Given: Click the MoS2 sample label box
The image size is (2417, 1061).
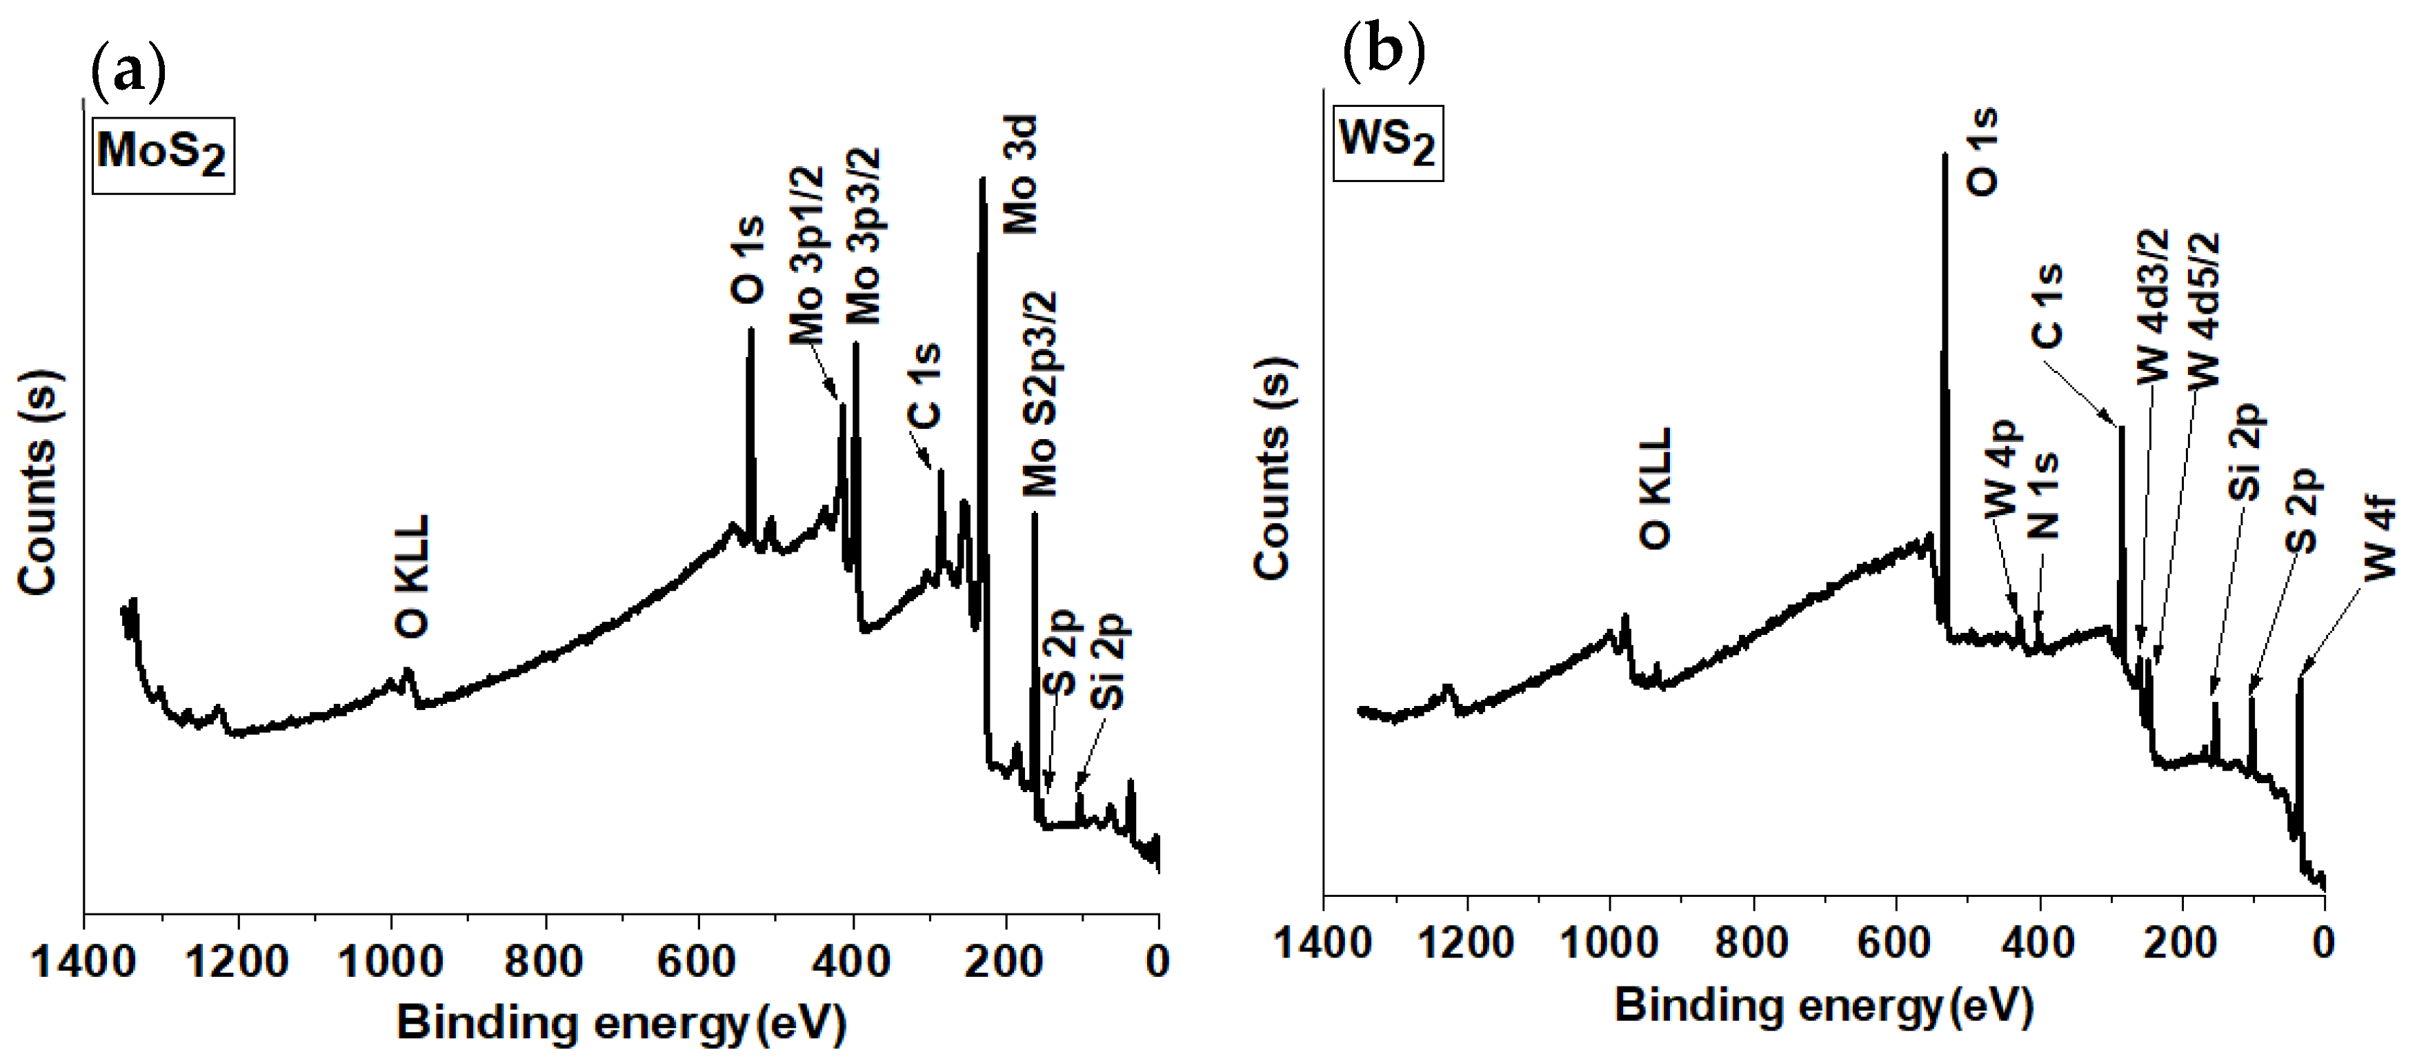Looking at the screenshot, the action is (162, 155).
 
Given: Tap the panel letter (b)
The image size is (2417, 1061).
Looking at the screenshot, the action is (1384, 52).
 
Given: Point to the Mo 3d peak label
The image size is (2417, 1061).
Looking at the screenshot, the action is (1020, 174).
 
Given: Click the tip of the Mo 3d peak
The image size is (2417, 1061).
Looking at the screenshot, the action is (982, 179).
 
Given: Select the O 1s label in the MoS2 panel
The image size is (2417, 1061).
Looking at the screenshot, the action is (747, 260).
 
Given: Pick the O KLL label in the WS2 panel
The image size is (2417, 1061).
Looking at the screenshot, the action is (1656, 488).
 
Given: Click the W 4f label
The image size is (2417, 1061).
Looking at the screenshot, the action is (2380, 539).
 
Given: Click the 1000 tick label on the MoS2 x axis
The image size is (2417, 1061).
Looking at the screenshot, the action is (390, 962).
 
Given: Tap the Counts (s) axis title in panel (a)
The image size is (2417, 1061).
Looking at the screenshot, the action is (37, 483).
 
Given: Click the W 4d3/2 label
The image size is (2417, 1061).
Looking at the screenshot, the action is (2154, 307).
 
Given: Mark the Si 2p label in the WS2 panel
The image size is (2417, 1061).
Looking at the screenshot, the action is (2246, 452).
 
